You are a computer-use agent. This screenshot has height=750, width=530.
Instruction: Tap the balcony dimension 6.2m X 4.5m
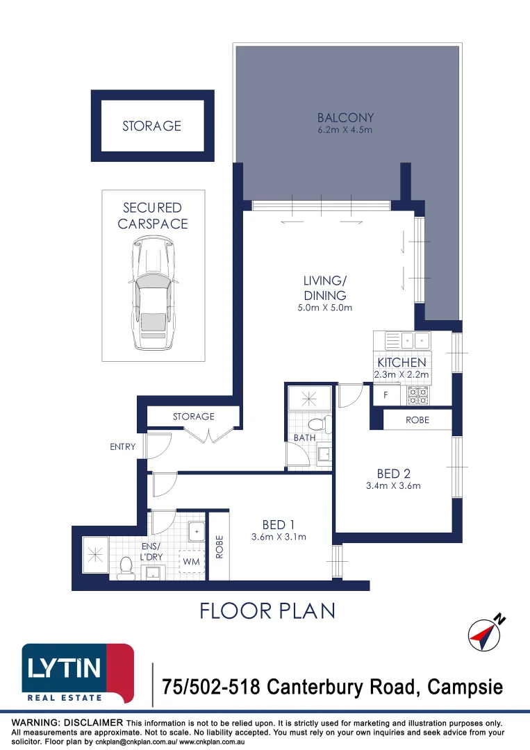[345, 130]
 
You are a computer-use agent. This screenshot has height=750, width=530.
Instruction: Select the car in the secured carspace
[153, 293]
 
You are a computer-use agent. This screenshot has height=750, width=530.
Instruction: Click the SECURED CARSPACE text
[153, 215]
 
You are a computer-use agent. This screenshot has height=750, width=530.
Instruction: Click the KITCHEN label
[401, 362]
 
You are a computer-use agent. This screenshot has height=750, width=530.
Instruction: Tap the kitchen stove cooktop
[418, 395]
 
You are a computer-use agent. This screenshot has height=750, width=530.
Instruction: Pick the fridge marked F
[386, 395]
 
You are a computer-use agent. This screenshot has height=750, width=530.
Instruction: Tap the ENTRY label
[122, 447]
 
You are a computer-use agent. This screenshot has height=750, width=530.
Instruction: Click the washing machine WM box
[191, 560]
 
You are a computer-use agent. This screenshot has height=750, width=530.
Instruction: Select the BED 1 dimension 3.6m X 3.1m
[279, 537]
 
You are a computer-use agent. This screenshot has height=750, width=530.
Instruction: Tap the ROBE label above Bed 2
[417, 420]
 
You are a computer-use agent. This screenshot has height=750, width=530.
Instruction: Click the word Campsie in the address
[465, 687]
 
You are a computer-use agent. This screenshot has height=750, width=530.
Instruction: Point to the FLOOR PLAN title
[267, 610]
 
